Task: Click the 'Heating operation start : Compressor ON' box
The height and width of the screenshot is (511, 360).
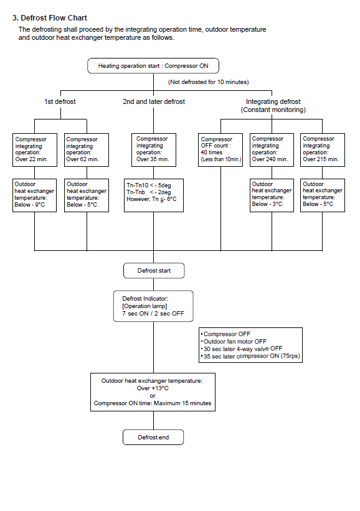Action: [153, 66]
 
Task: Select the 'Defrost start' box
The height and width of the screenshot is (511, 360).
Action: [154, 271]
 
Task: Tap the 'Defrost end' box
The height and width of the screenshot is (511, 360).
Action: [153, 438]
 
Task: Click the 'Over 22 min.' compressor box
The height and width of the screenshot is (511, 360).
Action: [35, 150]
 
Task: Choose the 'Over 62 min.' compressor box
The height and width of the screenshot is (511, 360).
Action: [87, 150]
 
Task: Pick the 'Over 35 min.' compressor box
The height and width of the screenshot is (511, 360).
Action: [154, 150]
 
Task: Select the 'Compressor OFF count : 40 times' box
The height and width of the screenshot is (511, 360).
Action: [220, 150]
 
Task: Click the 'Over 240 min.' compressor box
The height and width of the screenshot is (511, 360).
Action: [272, 150]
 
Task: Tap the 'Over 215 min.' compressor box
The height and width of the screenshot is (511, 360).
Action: [323, 150]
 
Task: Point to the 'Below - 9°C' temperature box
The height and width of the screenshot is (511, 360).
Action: [34, 195]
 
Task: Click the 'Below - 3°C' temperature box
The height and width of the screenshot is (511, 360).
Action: [272, 195]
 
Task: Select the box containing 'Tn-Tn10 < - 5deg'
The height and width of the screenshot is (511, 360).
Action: [154, 195]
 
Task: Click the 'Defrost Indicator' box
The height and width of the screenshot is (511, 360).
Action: [153, 306]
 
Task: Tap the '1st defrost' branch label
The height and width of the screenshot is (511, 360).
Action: [60, 101]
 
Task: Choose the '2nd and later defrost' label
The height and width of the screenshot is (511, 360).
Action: [154, 101]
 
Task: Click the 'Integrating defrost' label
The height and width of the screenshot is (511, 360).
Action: [273, 101]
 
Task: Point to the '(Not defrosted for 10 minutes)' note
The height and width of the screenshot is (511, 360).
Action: [209, 82]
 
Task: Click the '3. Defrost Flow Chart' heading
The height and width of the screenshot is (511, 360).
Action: [50, 18]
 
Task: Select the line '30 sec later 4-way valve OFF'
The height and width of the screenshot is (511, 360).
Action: [243, 349]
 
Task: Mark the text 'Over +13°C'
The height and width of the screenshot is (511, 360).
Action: [153, 388]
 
